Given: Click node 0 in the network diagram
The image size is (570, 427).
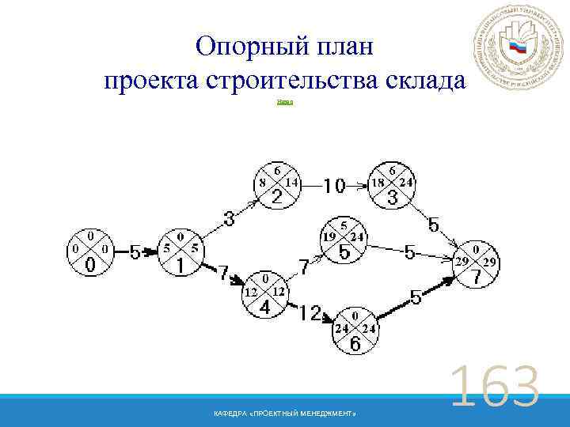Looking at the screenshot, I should pyautogui.click(x=91, y=252).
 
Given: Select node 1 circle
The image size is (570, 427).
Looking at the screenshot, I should pyautogui.click(x=181, y=252).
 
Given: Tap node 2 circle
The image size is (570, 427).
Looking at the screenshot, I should pyautogui.click(x=276, y=185).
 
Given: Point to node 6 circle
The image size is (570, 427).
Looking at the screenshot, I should pyautogui.click(x=355, y=331).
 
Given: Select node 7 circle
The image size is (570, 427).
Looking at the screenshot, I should pyautogui.click(x=477, y=266).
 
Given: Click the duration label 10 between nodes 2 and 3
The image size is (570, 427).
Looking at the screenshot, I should pyautogui.click(x=334, y=186).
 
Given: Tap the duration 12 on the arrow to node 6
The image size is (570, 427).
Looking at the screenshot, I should pyautogui.click(x=310, y=314).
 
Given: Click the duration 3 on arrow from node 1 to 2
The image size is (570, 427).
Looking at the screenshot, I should pyautogui.click(x=228, y=217).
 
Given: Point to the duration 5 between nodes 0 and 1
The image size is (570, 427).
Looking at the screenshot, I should pyautogui.click(x=135, y=253).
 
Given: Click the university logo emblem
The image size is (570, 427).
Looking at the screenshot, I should pyautogui.click(x=518, y=51).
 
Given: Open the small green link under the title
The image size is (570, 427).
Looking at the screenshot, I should pyautogui.click(x=285, y=102).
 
